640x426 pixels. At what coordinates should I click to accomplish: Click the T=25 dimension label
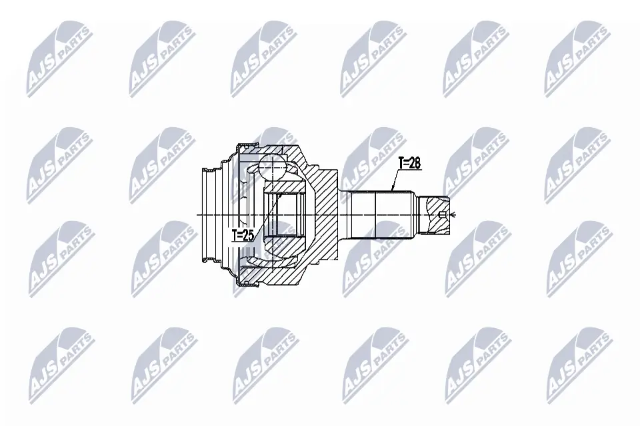tap(243, 235)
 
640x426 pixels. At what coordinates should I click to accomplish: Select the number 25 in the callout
tap(249, 235)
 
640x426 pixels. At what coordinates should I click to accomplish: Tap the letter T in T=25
tap(235, 235)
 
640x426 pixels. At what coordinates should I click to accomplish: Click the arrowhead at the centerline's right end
tap(453, 214)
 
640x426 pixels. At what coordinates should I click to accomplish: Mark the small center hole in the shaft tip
tap(443, 214)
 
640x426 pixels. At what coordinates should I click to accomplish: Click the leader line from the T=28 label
tap(396, 180)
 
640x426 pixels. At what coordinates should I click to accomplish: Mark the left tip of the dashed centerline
tap(199, 214)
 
